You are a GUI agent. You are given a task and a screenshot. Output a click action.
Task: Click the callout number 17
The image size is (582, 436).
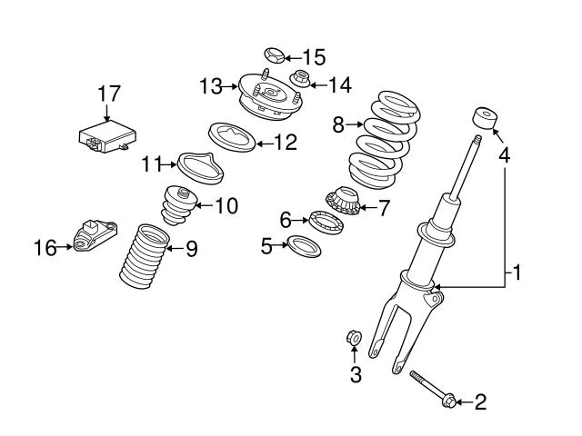pyautogui.click(x=109, y=93)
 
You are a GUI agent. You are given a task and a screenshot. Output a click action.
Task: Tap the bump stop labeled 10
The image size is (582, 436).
pyautogui.click(x=177, y=206)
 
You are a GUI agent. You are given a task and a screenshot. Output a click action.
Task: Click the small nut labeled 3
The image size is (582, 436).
pyautogui.click(x=355, y=339)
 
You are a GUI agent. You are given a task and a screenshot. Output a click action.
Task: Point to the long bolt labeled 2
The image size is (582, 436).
pyautogui.click(x=432, y=389)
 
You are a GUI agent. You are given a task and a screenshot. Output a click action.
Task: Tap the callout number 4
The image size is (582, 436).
pyautogui.click(x=503, y=156)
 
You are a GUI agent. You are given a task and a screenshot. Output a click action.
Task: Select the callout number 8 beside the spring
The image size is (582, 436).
pyautogui.click(x=338, y=124)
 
